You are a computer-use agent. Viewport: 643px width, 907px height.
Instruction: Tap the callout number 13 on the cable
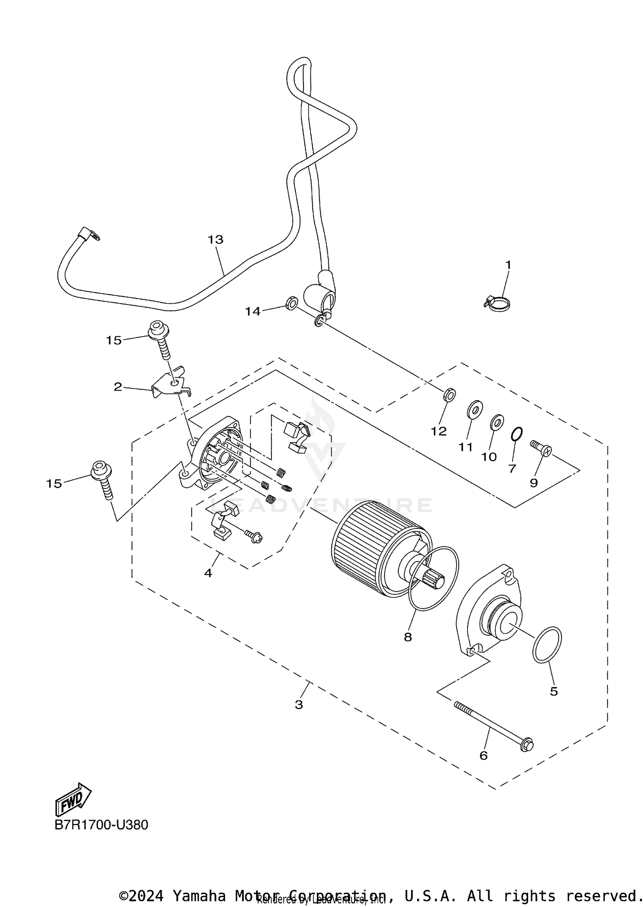(x=216, y=240)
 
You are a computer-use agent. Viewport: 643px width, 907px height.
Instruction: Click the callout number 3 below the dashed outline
(x=299, y=705)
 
